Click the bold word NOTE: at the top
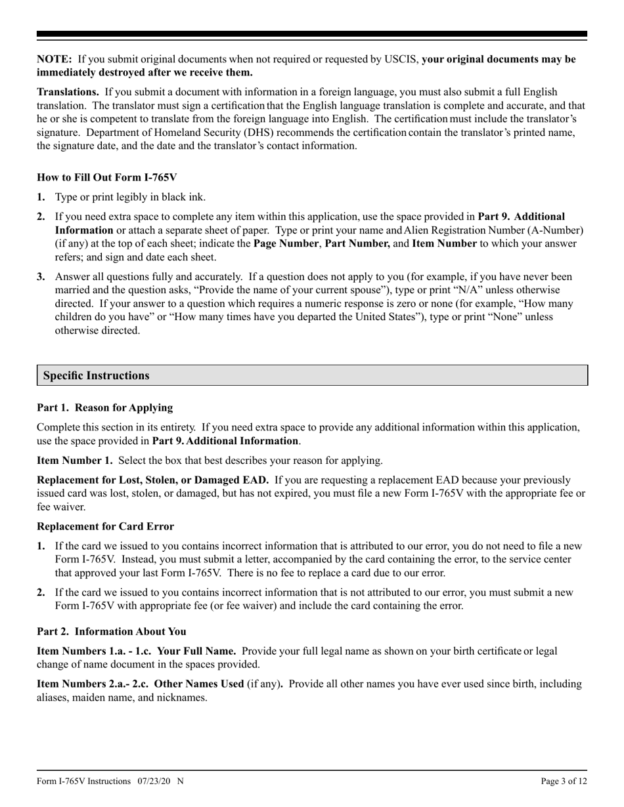tap(55, 59)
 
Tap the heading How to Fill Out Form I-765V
tap(106, 177)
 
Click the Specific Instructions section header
tap(96, 376)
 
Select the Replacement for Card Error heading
tap(105, 526)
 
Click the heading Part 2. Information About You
tap(112, 631)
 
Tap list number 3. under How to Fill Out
tap(41, 277)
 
